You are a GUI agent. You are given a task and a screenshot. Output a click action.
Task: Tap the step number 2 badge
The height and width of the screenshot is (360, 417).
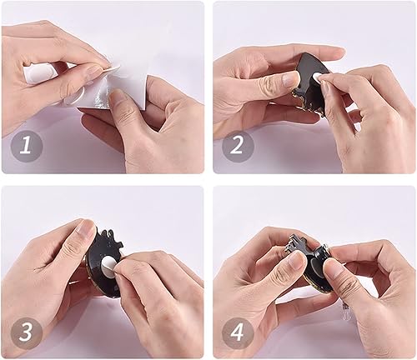[238, 147]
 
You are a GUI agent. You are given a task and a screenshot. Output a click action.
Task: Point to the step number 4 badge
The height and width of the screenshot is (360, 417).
[238, 332]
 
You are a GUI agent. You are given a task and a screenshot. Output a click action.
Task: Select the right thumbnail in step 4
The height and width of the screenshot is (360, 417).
[331, 268]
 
